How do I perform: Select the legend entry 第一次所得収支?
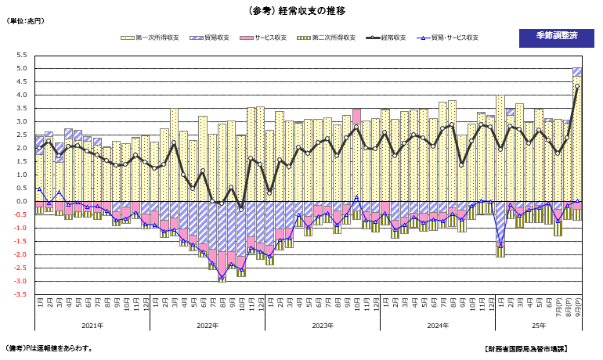[x=152, y=37]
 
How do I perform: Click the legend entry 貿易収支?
[x=214, y=37]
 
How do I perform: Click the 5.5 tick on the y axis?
[x=21, y=56]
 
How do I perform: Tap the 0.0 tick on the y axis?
[x=21, y=201]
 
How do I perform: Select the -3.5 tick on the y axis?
[x=20, y=295]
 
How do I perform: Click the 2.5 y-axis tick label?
[x=21, y=135]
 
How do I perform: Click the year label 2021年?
[x=92, y=325]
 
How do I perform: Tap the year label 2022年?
[x=207, y=325]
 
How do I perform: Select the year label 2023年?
[x=322, y=325]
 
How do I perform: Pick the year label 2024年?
[x=437, y=325]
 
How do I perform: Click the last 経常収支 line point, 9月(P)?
[x=577, y=87]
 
